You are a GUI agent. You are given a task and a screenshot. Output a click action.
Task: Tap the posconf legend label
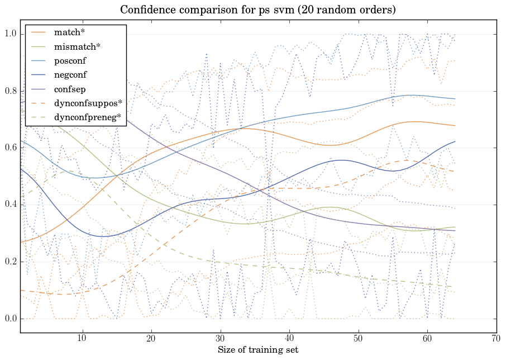click(x=70, y=60)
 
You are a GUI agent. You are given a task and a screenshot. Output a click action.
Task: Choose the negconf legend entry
click(x=70, y=74)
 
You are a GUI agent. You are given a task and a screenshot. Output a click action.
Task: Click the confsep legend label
click(x=69, y=88)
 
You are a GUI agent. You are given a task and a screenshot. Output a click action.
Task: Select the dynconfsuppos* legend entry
click(x=88, y=103)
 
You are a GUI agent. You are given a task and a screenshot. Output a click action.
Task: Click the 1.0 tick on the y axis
click(x=11, y=34)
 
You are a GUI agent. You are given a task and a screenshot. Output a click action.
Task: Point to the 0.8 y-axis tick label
click(x=11, y=91)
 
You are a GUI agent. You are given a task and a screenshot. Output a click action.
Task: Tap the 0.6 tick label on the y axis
click(x=11, y=148)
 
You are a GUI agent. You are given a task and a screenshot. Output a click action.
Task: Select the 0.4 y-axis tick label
click(x=11, y=205)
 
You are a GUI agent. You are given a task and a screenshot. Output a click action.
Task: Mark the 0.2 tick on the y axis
click(x=11, y=262)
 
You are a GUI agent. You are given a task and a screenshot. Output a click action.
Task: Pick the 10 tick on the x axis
click(x=82, y=339)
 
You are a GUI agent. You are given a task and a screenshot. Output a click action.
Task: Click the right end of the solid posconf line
click(x=455, y=99)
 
